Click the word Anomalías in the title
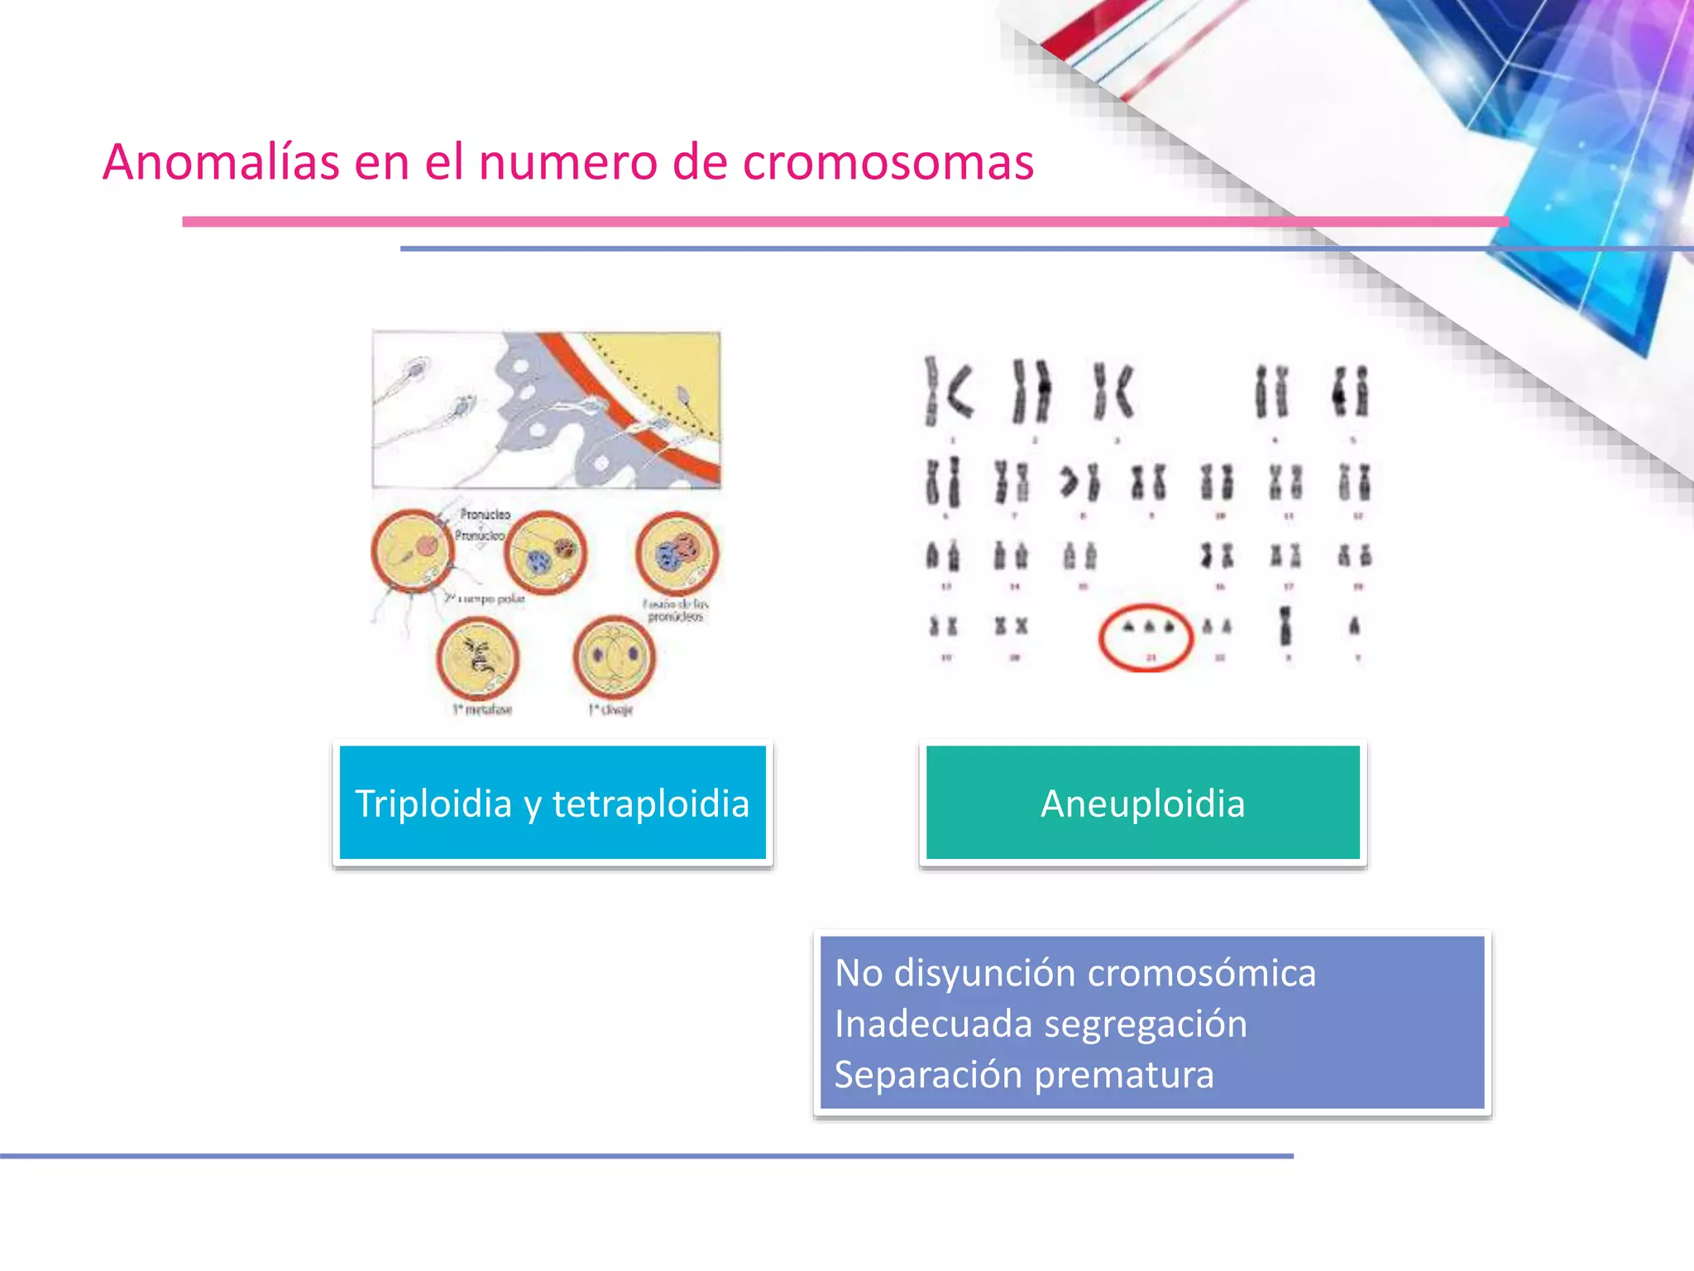coord(221,161)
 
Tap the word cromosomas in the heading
coord(888,161)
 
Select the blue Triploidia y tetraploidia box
coord(553,803)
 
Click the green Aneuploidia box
coord(1142,803)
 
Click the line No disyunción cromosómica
coord(1074,973)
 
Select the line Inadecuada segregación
coord(1041,1024)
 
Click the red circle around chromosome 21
coord(1146,637)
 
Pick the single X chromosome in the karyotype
coord(1285,626)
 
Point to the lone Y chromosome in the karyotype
coord(1354,626)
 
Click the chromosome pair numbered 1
coord(948,391)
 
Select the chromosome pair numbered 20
coord(1012,626)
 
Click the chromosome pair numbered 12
coord(1354,482)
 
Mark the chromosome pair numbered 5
coord(1351,391)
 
